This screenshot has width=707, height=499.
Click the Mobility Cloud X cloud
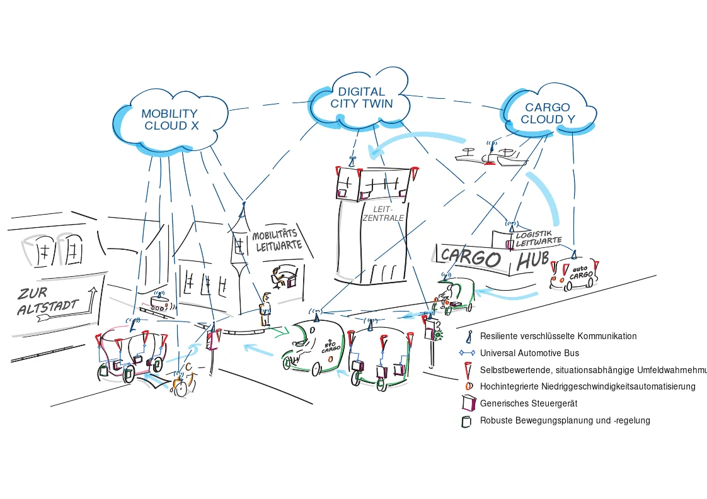coord(169,120)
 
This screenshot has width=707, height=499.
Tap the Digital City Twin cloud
coord(361,98)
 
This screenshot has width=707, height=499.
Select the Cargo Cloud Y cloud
coord(547,113)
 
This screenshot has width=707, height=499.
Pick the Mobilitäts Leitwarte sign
coord(277,240)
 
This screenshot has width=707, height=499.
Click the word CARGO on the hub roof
coord(470,256)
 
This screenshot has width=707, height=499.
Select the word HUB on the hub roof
coord(532,260)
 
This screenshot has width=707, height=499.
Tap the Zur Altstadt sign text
coord(47,301)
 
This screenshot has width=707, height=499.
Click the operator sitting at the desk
coord(279,277)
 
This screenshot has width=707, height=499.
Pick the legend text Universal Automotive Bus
coord(529,353)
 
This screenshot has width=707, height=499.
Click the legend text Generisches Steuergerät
coord(529,403)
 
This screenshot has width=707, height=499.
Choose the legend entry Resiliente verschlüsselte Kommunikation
coord(558,336)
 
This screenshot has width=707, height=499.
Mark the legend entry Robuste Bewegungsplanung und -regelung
coord(565,420)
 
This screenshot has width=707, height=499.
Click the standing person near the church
coord(265,308)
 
